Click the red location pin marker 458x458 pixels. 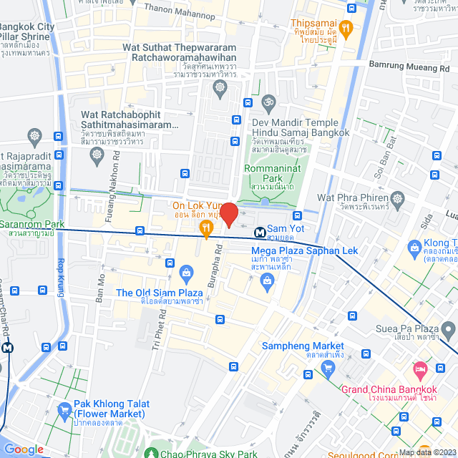coord(228,214)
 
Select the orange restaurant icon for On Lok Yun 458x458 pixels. coord(206,229)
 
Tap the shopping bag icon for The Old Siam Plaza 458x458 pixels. coord(186,273)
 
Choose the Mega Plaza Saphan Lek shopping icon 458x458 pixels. coord(267,280)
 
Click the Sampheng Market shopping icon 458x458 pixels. coord(328,369)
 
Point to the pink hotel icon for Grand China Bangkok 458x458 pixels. coord(419,369)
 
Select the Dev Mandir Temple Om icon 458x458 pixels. coord(268,102)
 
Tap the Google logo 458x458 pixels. coord(24,449)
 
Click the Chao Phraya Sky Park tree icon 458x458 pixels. coord(151,452)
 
